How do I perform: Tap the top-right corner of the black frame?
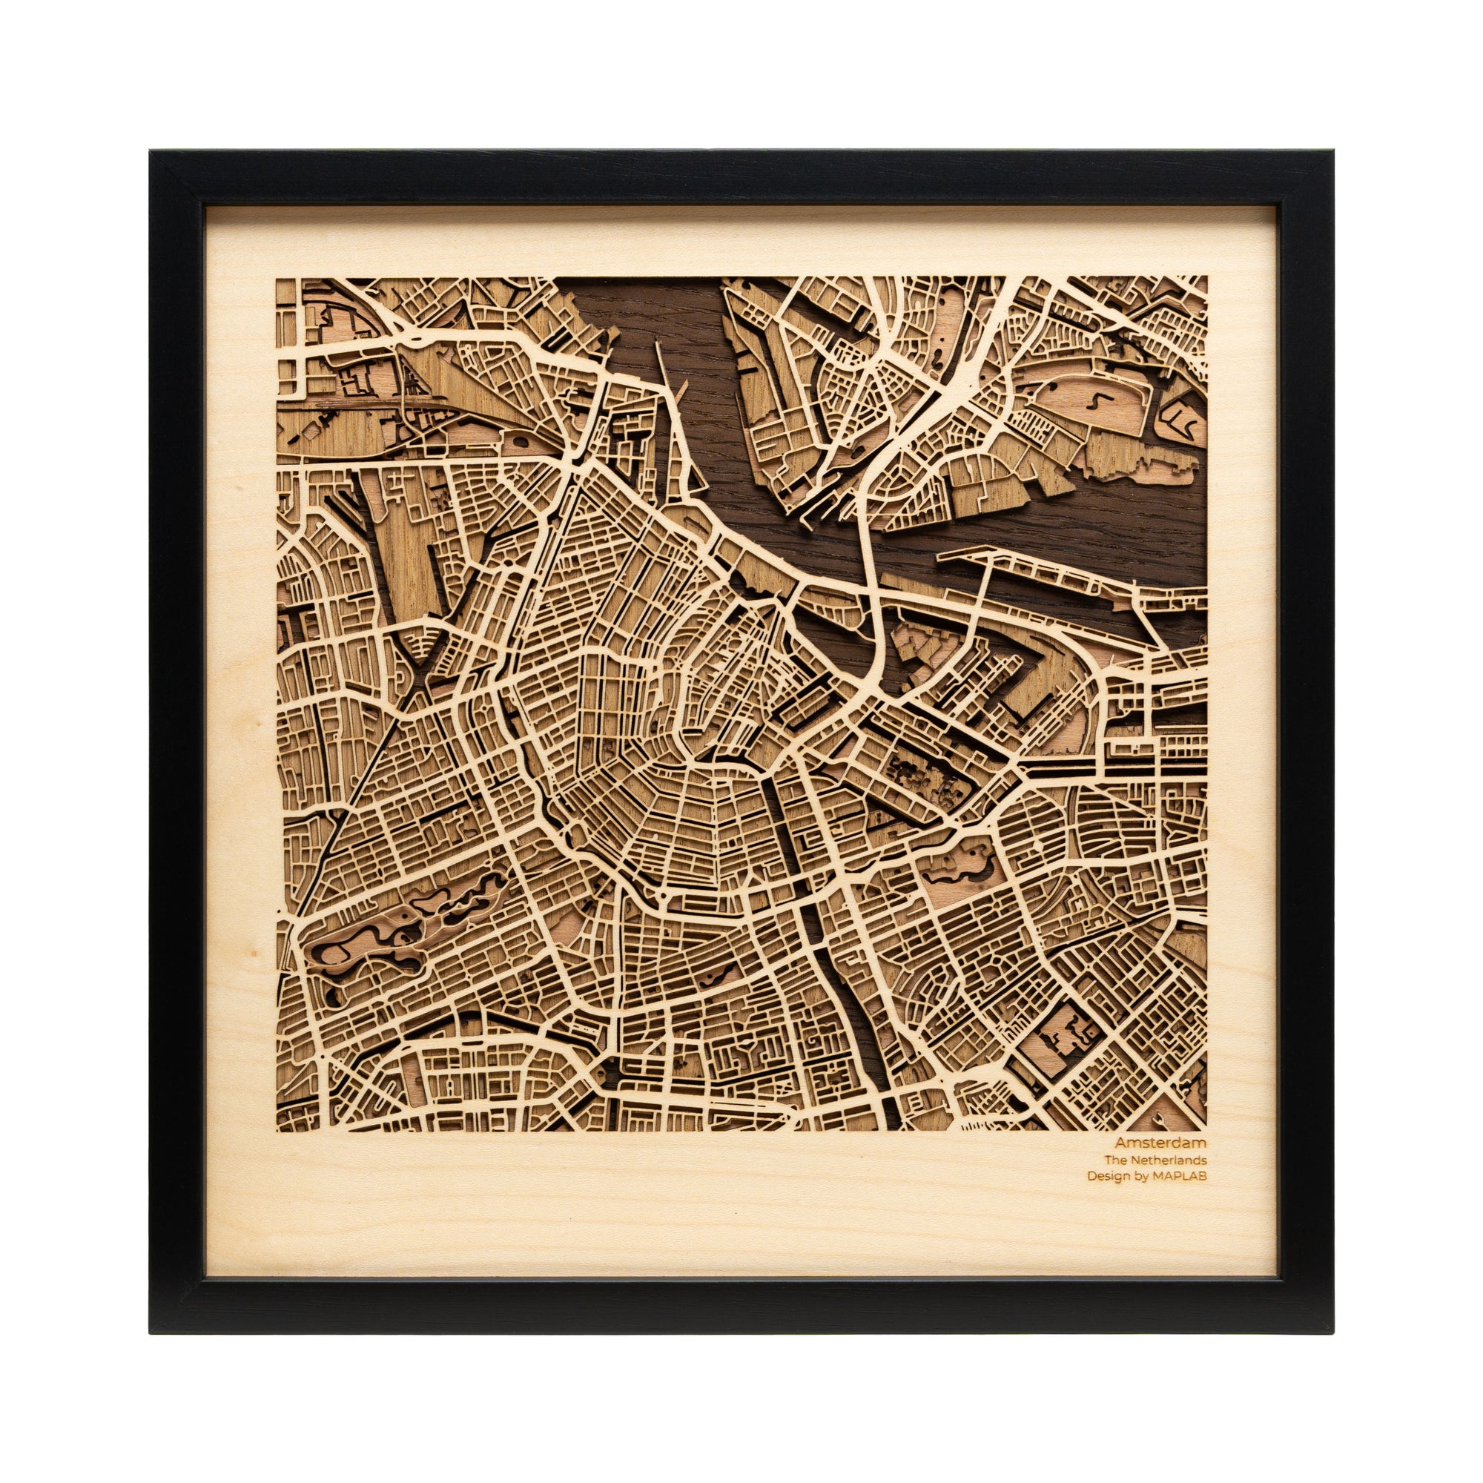coord(1335,151)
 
